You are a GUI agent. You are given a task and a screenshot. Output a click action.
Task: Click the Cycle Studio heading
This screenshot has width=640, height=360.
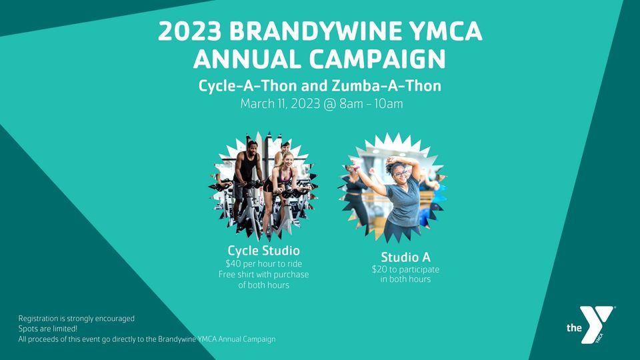263,251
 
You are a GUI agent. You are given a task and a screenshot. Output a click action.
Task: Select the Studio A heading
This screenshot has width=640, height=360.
405,257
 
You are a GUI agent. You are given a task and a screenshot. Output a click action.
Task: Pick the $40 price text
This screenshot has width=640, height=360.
234,263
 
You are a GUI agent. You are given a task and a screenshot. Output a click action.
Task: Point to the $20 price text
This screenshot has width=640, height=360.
379,269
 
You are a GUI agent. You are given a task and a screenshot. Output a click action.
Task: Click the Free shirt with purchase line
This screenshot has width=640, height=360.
263,274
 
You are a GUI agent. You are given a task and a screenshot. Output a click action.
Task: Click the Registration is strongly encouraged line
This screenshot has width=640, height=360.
77,319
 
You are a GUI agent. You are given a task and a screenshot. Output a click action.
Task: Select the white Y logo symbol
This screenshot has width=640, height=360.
595,322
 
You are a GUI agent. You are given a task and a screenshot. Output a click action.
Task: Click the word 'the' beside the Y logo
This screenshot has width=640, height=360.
573,328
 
